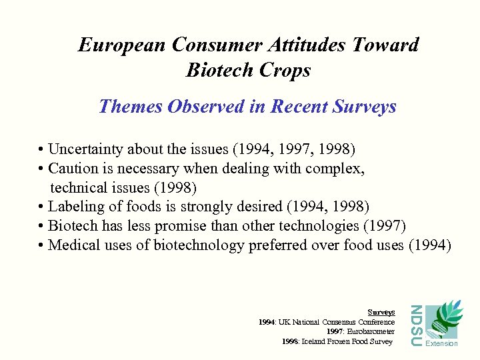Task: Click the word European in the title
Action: click(x=122, y=45)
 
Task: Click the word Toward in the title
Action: click(x=387, y=45)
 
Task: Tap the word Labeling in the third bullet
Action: click(x=77, y=207)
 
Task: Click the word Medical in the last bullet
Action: click(x=73, y=245)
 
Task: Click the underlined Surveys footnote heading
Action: click(x=381, y=312)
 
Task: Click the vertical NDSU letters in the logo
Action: click(x=415, y=325)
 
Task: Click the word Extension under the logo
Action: click(x=442, y=343)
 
